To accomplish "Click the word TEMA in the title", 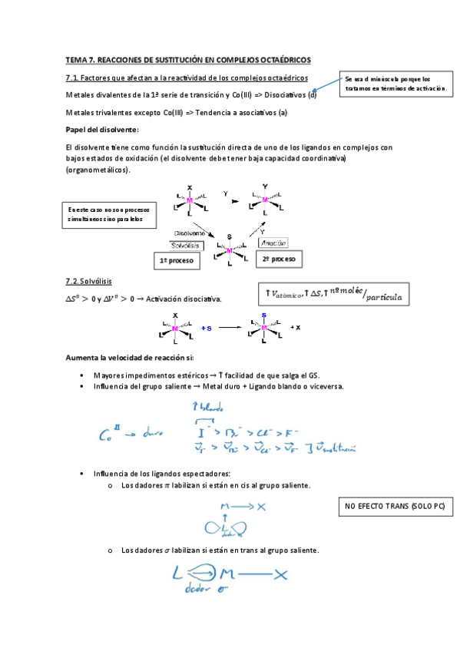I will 78,60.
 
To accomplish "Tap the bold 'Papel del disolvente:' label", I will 102,130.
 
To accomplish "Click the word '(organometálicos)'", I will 98,170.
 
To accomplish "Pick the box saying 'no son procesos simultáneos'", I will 108,213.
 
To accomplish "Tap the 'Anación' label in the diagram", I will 273,243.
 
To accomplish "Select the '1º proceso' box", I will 177,261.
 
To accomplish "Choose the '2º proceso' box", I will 279,260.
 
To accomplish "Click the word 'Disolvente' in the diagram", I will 189,233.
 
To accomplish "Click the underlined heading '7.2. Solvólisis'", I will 91,280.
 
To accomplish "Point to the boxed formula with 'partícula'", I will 332,294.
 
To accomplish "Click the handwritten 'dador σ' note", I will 202,589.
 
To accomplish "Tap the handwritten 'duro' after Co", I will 153,434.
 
